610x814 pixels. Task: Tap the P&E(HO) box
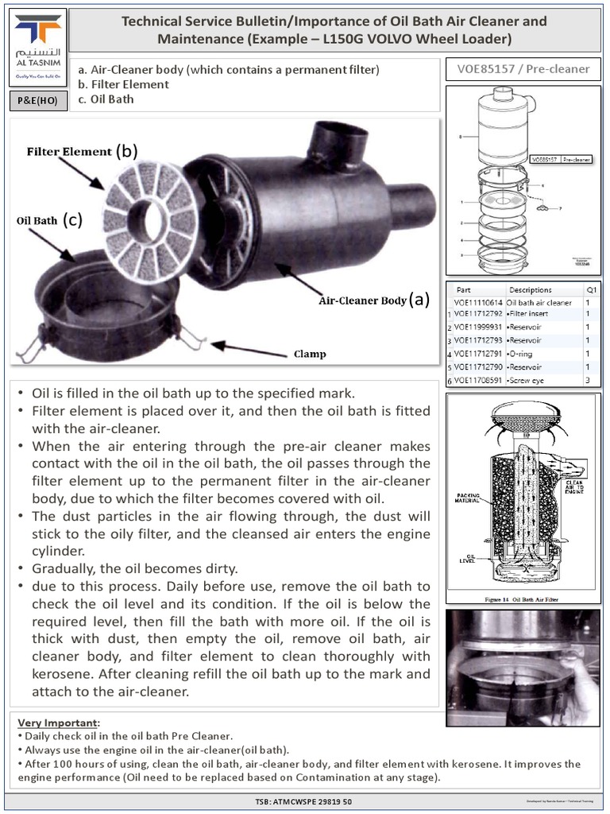click(x=37, y=101)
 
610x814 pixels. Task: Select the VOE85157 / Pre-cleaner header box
click(x=523, y=69)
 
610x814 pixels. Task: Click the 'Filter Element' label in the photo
click(x=70, y=151)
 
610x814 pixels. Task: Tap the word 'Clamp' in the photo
click(x=310, y=354)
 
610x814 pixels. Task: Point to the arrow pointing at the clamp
click(x=246, y=347)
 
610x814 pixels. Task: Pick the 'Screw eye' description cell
click(x=527, y=381)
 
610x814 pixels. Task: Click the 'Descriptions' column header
click(x=531, y=289)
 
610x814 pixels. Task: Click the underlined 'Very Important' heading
click(x=59, y=723)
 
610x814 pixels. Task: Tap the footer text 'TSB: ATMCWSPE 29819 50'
click(x=305, y=801)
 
